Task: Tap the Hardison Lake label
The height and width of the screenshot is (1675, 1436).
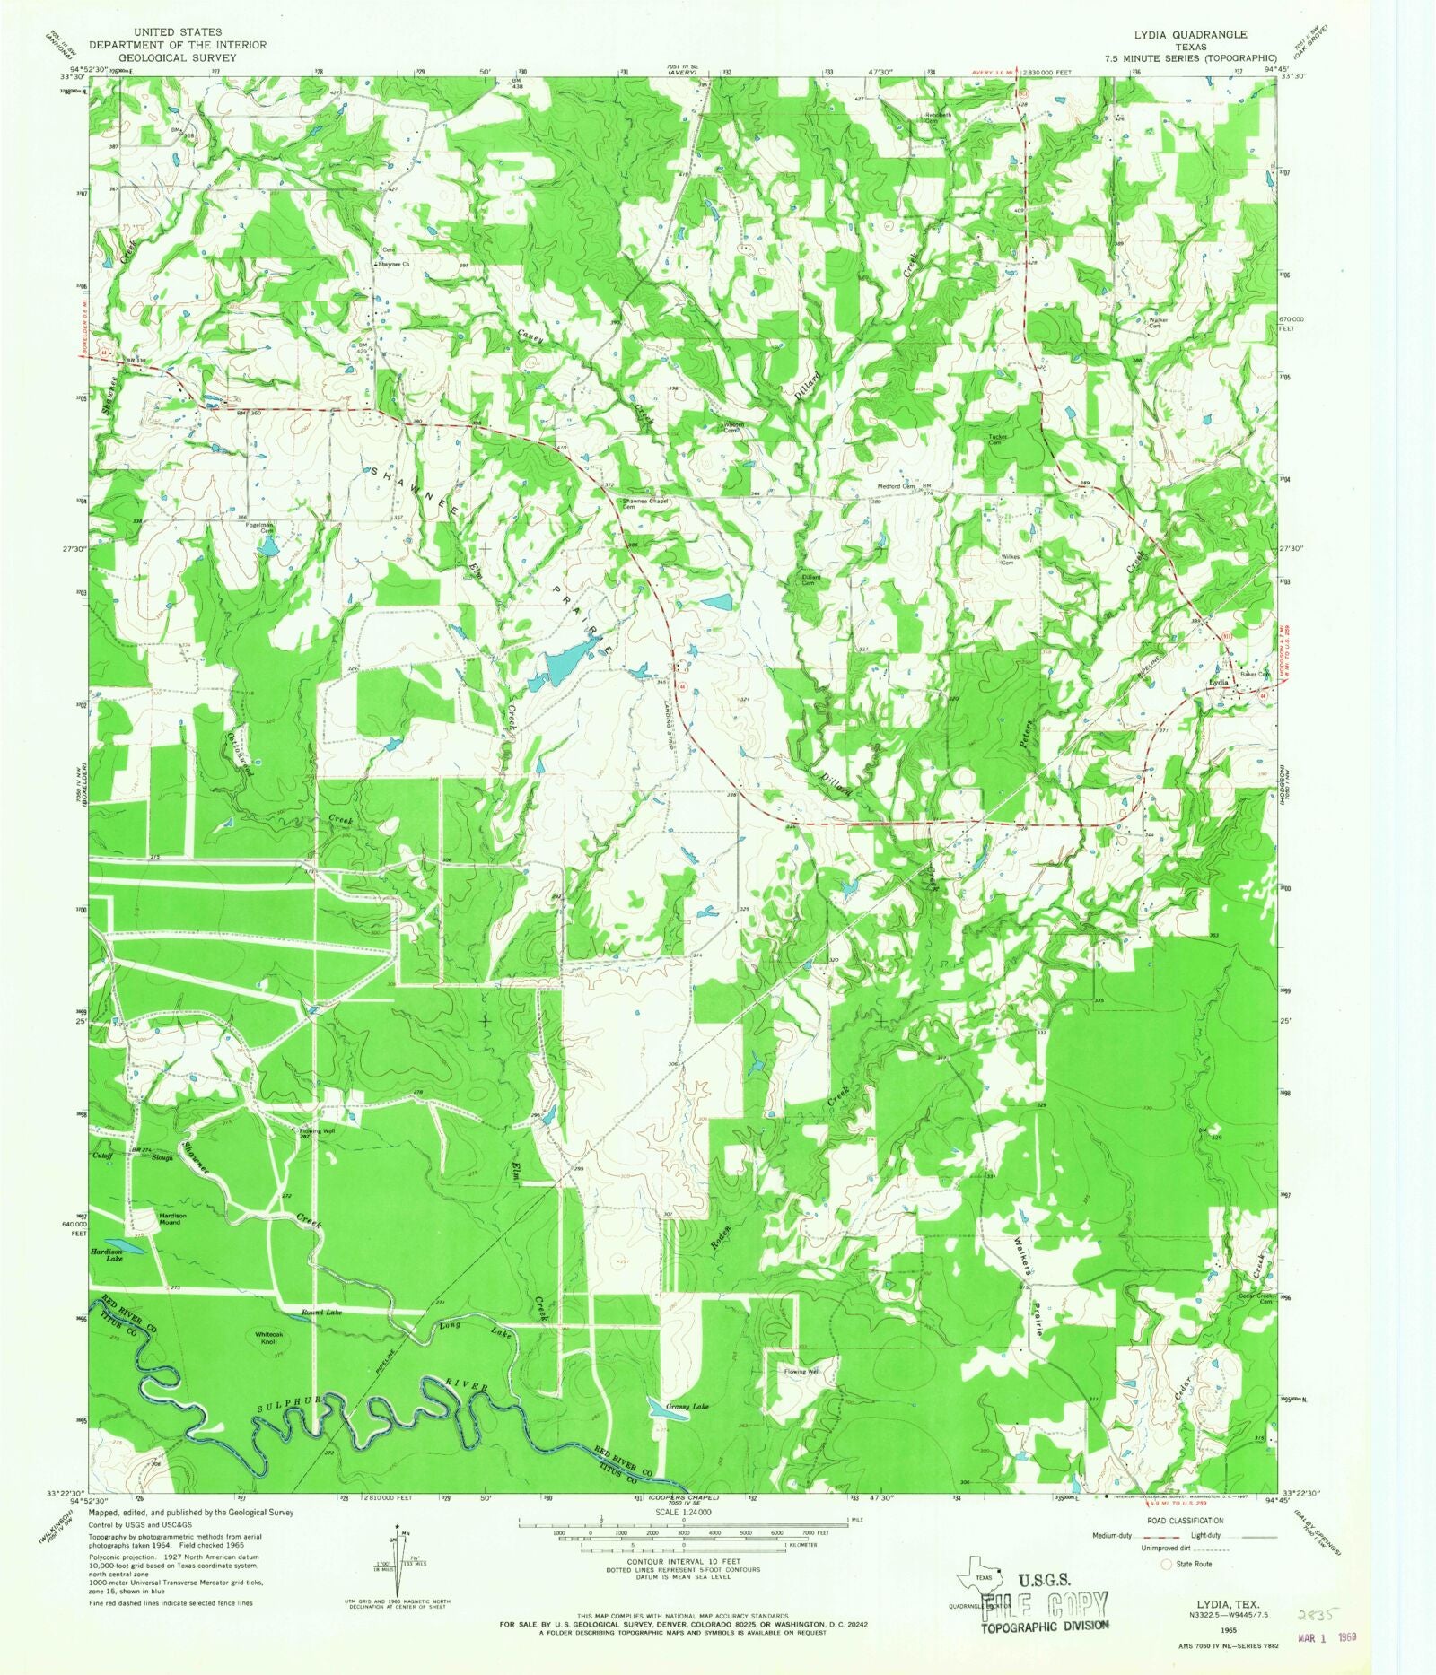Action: [106, 1256]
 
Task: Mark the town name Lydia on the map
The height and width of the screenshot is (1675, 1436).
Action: [1218, 682]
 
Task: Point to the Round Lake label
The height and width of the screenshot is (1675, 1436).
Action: [321, 1312]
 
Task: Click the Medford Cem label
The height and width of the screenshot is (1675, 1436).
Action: [896, 487]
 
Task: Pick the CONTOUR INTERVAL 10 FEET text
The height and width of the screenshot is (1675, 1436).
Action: [684, 1561]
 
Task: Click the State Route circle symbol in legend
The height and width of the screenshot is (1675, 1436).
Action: [1167, 1564]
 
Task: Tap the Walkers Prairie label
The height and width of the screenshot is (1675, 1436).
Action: [1029, 1287]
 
